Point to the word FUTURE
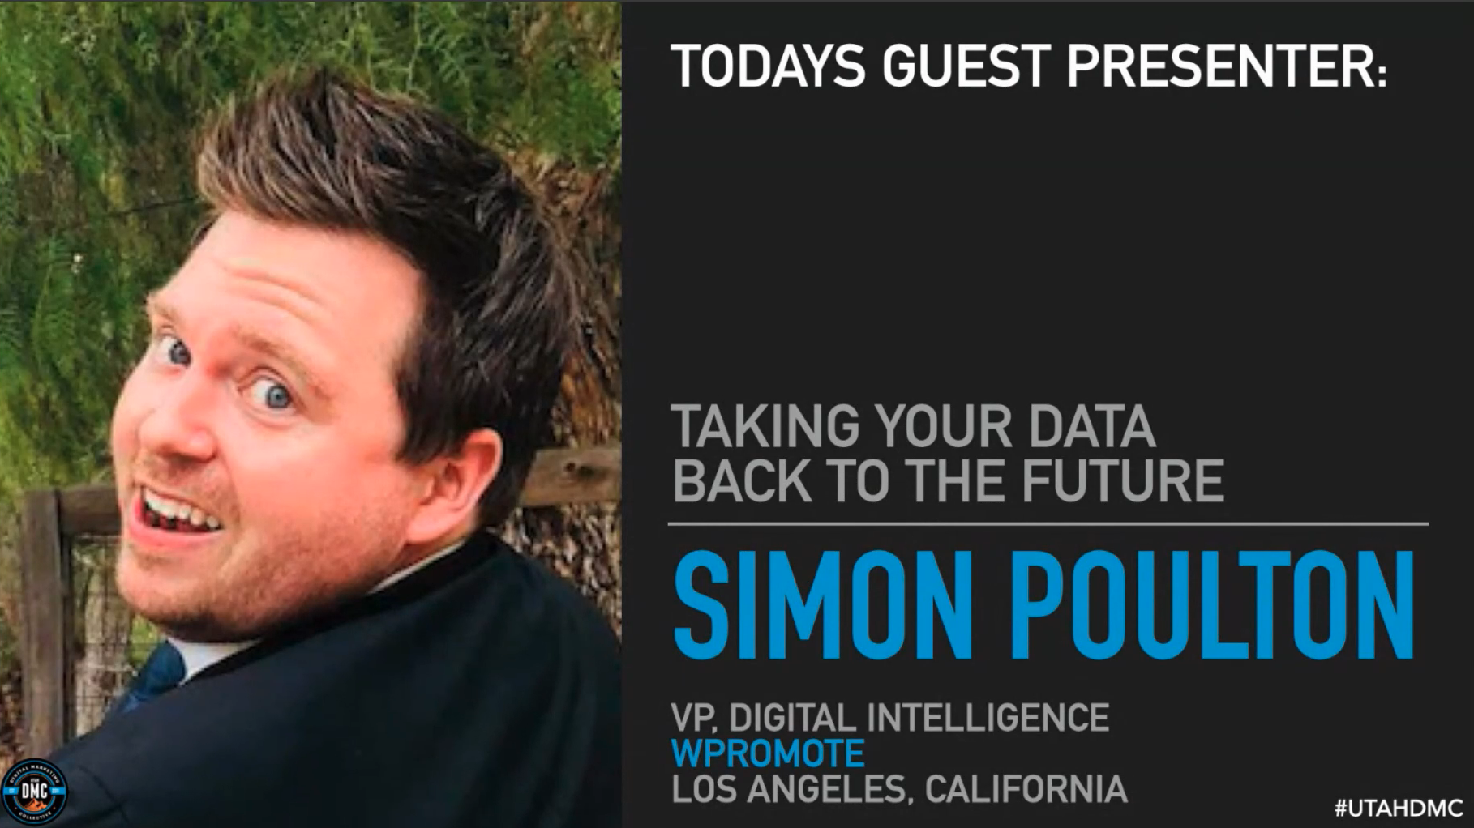1123,480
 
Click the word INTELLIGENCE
988,718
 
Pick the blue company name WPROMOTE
768,753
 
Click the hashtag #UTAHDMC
1399,809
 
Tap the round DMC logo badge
35,792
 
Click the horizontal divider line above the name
1048,524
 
